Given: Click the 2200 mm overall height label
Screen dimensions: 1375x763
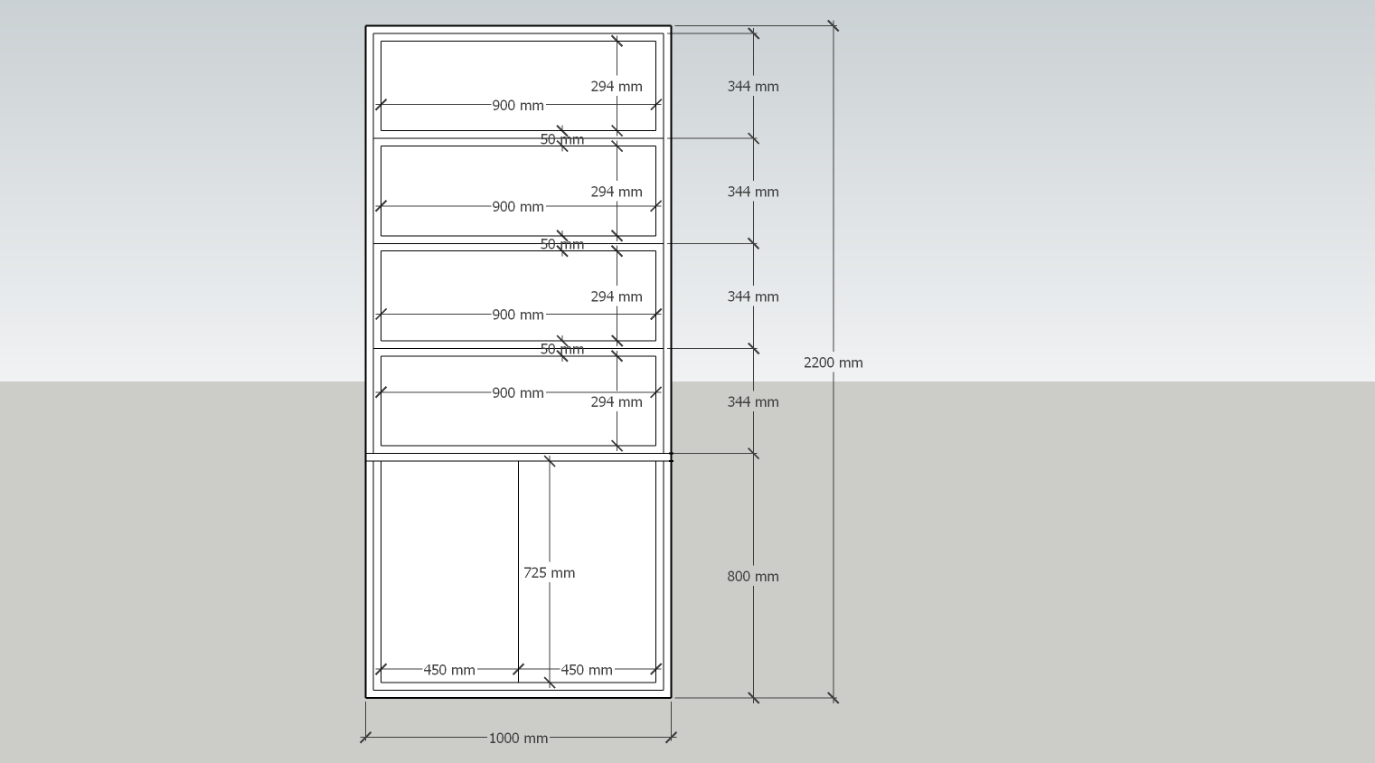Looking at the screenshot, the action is pyautogui.click(x=833, y=363).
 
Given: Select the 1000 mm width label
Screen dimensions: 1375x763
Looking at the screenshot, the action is pyautogui.click(x=518, y=739).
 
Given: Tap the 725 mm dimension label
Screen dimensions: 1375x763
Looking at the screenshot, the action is pyautogui.click(x=549, y=573).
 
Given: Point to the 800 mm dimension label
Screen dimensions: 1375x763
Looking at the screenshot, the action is pyautogui.click(x=752, y=577).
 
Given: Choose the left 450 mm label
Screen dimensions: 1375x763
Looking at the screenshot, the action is pyautogui.click(x=449, y=671).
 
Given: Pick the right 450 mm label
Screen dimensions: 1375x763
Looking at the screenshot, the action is pyautogui.click(x=586, y=671).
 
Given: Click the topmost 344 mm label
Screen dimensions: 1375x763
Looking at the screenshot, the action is pyautogui.click(x=752, y=87).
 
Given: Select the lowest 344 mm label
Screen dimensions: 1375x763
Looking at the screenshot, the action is pyautogui.click(x=752, y=402).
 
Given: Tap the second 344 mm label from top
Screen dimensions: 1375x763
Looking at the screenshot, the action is pyautogui.click(x=752, y=192).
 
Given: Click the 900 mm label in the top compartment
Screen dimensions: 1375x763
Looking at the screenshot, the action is pyautogui.click(x=518, y=106).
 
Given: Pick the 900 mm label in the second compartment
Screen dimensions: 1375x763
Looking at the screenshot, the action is pyautogui.click(x=518, y=207).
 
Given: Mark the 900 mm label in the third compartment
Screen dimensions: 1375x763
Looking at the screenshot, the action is pyautogui.click(x=518, y=316).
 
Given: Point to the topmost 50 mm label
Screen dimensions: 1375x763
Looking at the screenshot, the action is pyautogui.click(x=561, y=140).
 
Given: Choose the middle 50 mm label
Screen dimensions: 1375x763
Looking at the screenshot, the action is pyautogui.click(x=561, y=245).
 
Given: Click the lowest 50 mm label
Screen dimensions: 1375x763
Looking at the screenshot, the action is pyautogui.click(x=561, y=350).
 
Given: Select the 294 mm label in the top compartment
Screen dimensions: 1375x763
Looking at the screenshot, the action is pyautogui.click(x=616, y=87).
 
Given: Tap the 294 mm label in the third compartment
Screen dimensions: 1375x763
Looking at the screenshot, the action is pyautogui.click(x=616, y=297).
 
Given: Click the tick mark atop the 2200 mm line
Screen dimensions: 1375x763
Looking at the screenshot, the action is pyautogui.click(x=833, y=26).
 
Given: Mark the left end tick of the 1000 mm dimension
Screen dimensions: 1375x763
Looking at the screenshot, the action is pyautogui.click(x=365, y=738).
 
